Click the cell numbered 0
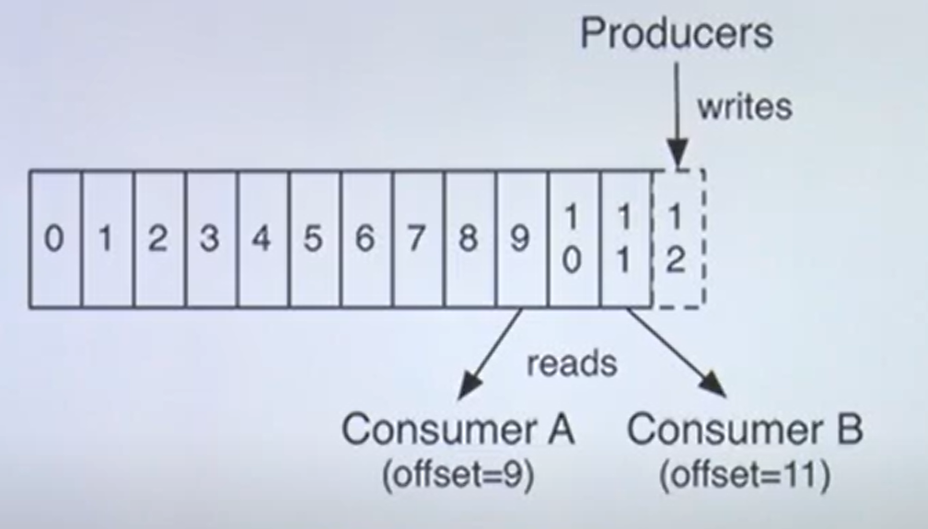tap(55, 239)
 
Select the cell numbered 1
tap(108, 239)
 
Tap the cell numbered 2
tap(159, 239)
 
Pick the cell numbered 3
tap(211, 239)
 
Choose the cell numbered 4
tap(262, 239)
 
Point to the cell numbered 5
tap(315, 239)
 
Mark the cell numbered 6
tap(366, 239)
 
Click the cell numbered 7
tap(418, 239)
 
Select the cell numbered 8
tap(470, 239)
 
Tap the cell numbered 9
tap(521, 239)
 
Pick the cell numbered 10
tap(573, 239)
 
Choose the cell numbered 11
tap(625, 239)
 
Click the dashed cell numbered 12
tap(677, 239)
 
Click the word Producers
tap(677, 34)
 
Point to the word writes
tap(744, 106)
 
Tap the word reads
tap(571, 363)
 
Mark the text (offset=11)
tap(745, 477)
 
